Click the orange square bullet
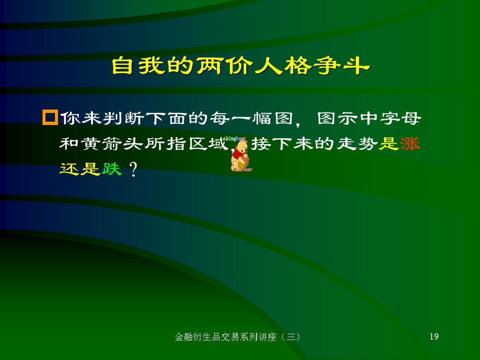pos(50,117)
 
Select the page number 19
pos(434,336)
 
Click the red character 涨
pos(410,143)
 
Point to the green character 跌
pos(112,168)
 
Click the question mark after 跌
pos(133,169)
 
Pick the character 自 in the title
pos(122,65)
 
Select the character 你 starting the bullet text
pos(70,118)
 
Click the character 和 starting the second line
pos(69,143)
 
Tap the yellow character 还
pos(69,168)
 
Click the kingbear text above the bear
pos(235,139)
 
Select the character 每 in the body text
pos(220,118)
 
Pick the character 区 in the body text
pos(198,143)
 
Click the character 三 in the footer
pos(290,337)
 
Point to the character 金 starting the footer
pos(180,337)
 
